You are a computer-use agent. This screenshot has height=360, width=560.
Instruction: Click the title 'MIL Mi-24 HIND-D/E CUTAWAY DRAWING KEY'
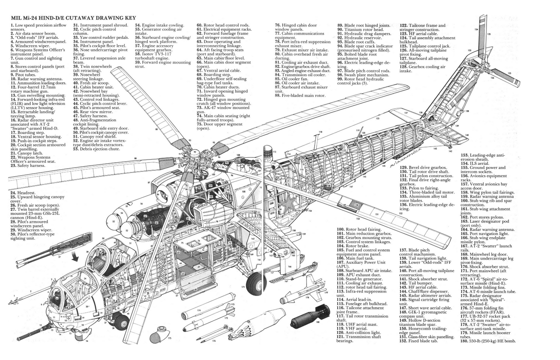[x=73, y=18]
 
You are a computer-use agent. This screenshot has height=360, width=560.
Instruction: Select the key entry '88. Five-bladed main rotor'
[x=300, y=95]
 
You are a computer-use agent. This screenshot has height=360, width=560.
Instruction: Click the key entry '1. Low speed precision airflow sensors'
[x=38, y=27]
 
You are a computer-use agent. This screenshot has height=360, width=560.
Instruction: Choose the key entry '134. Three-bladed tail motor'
[x=427, y=192]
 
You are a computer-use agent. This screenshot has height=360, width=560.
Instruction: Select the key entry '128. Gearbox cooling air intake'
[x=422, y=69]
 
